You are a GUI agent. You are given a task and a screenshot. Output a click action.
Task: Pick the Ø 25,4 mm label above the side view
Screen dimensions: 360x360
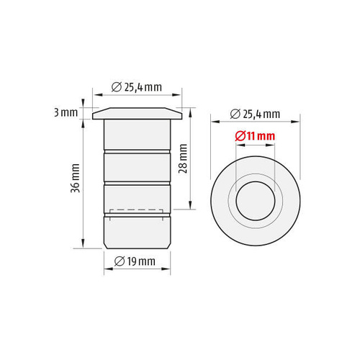pos(137,87)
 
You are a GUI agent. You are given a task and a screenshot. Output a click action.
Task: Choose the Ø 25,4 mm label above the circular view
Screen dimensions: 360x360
pos(256,114)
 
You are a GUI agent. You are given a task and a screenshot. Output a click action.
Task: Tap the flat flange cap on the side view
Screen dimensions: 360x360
pos(137,113)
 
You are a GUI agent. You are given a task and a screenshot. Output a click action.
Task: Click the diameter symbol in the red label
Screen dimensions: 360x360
pos(240,136)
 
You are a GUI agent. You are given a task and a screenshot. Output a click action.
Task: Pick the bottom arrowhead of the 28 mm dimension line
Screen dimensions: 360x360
pos(190,207)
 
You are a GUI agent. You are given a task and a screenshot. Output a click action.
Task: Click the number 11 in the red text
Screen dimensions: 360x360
pos(251,136)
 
